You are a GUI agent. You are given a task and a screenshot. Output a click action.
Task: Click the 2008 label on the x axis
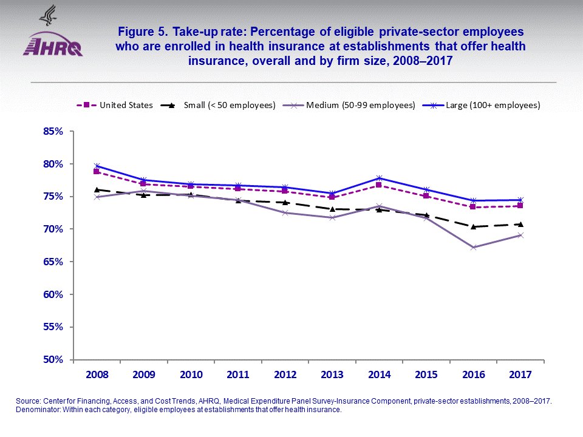pyautogui.click(x=97, y=374)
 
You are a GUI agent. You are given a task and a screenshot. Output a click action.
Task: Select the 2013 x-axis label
pyautogui.click(x=332, y=374)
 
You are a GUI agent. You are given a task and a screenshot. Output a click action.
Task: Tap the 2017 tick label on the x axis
pyautogui.click(x=520, y=374)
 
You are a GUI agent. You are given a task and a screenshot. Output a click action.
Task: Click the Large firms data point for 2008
pyautogui.click(x=97, y=166)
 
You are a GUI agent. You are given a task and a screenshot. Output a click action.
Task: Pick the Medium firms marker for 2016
pyautogui.click(x=473, y=247)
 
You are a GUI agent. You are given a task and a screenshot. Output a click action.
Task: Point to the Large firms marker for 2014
pyautogui.click(x=379, y=178)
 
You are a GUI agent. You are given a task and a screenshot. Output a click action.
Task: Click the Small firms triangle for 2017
pyautogui.click(x=520, y=224)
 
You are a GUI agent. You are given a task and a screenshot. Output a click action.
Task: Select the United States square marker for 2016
pyautogui.click(x=473, y=207)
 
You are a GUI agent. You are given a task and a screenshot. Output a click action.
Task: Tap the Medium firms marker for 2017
pyautogui.click(x=520, y=235)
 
